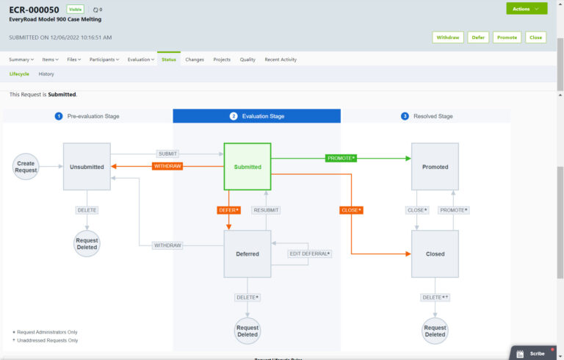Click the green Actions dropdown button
(526, 9)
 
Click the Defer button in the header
(478, 37)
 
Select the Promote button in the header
(507, 37)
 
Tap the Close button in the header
(535, 37)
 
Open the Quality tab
(247, 60)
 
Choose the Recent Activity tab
(281, 60)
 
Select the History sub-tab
(46, 74)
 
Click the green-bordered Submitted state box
(247, 167)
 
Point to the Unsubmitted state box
(87, 167)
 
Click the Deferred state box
(247, 254)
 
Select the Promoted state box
(435, 167)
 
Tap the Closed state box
(435, 254)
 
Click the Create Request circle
(26, 167)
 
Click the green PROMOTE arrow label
(341, 158)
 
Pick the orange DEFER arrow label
(229, 210)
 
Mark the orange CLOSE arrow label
(352, 210)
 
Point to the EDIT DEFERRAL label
(309, 254)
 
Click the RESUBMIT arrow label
(266, 210)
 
